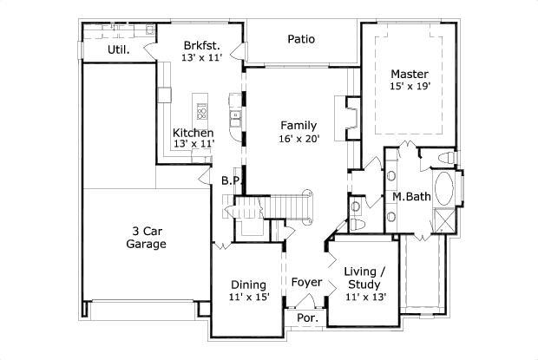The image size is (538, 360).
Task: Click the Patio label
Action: (301, 39)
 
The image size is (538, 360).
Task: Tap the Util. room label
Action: (118, 49)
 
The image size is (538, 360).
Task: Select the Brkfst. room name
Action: (200, 45)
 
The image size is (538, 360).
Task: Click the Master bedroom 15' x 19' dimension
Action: (409, 86)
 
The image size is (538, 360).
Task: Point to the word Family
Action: (298, 125)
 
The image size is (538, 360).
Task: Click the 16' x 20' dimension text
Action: (298, 138)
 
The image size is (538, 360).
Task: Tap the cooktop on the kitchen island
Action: (202, 111)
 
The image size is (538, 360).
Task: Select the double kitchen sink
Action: (235, 115)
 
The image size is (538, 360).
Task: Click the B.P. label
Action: (229, 180)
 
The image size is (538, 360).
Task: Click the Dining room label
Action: (248, 285)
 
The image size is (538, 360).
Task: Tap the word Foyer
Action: (306, 283)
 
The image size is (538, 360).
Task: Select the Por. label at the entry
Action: (307, 318)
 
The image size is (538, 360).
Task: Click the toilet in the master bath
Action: (444, 158)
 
